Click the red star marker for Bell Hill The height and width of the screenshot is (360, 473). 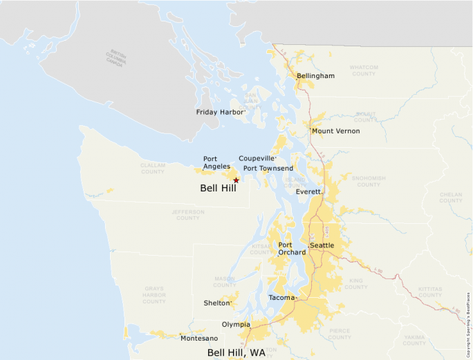236,180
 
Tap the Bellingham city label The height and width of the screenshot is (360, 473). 315,76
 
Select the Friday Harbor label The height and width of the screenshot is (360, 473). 221,112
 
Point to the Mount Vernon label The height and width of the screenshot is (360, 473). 335,131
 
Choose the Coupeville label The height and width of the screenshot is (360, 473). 257,158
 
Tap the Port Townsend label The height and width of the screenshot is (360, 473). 268,169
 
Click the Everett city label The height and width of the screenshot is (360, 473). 308,192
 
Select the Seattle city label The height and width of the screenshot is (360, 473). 322,245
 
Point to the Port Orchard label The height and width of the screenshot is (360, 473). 291,249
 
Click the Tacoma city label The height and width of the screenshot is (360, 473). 281,298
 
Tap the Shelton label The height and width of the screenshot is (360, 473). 216,303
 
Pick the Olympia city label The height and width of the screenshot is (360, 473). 236,324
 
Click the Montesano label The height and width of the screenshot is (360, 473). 199,338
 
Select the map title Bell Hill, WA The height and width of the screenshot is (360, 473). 236,352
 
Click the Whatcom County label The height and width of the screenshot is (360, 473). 364,70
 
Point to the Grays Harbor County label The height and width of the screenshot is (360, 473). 154,295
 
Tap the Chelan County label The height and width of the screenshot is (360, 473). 451,197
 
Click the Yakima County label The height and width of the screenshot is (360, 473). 414,340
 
